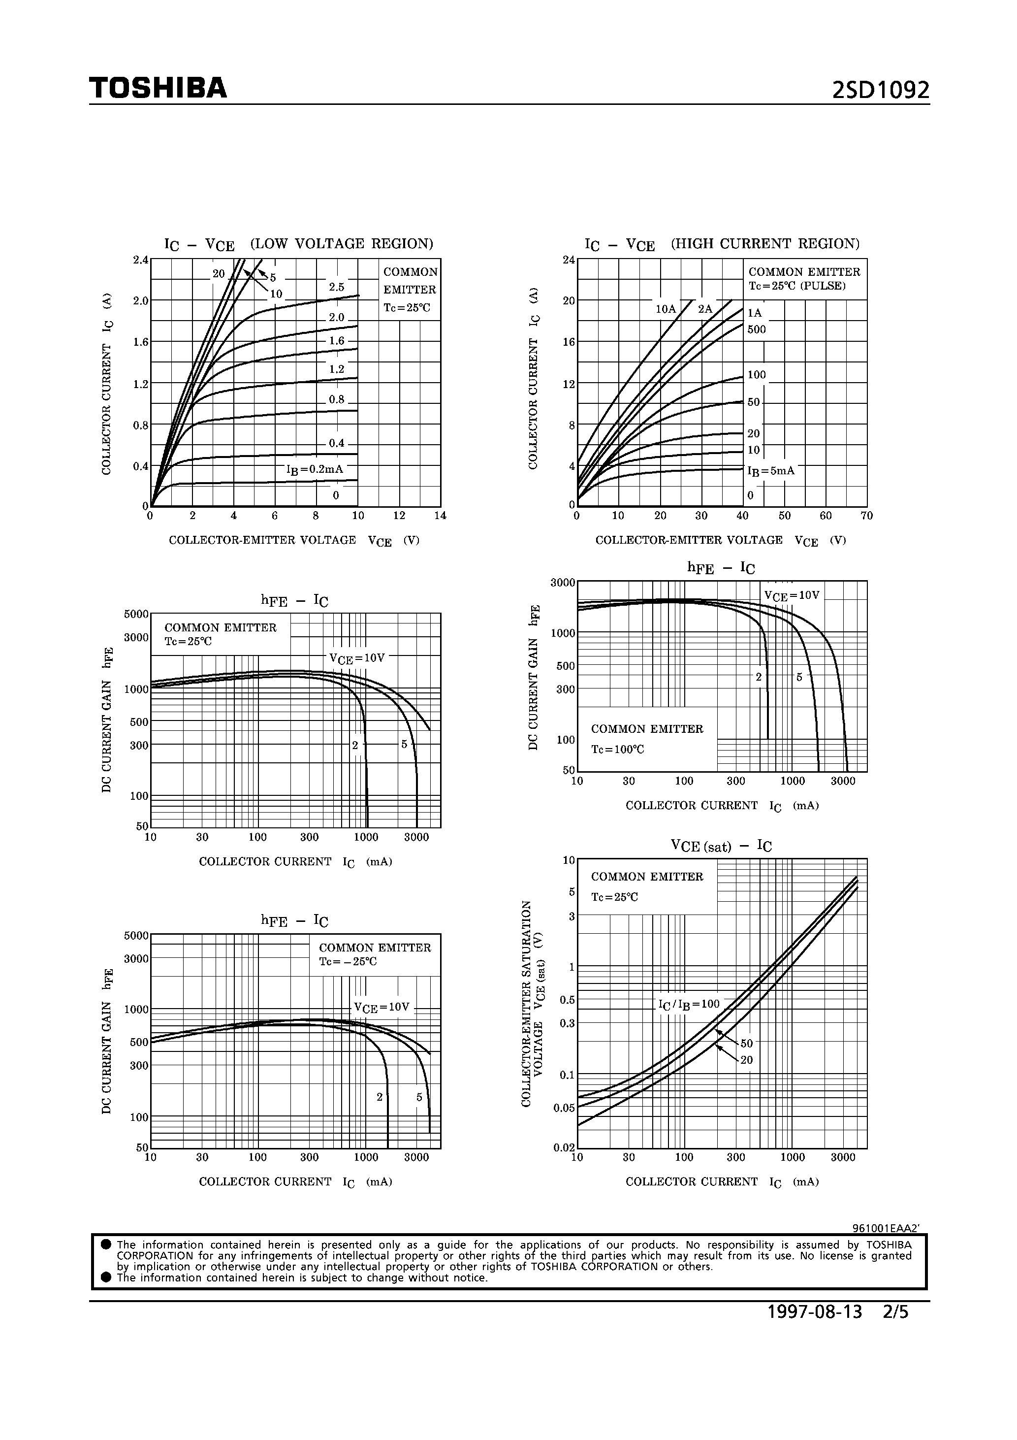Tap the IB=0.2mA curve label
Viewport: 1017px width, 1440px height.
click(x=315, y=469)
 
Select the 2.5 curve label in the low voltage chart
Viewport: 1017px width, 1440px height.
click(x=337, y=287)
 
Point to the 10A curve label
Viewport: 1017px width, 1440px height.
click(x=666, y=309)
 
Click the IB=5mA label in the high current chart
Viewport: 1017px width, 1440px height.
click(x=770, y=470)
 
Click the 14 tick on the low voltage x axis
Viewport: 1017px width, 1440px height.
click(x=440, y=516)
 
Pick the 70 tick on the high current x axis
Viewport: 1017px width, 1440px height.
click(x=866, y=516)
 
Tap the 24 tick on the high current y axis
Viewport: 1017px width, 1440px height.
click(x=569, y=260)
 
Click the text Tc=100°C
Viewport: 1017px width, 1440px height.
click(x=618, y=750)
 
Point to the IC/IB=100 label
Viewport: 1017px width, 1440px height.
click(x=689, y=1004)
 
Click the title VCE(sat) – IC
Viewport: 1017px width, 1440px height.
click(x=721, y=846)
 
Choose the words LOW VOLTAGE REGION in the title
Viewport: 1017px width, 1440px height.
click(x=342, y=243)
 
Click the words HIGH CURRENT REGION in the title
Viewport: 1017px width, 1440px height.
click(x=765, y=243)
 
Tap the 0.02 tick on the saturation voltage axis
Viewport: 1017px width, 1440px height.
click(x=564, y=1148)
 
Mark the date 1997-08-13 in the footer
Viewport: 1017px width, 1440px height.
click(x=815, y=1330)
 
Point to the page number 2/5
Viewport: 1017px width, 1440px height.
click(x=895, y=1330)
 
